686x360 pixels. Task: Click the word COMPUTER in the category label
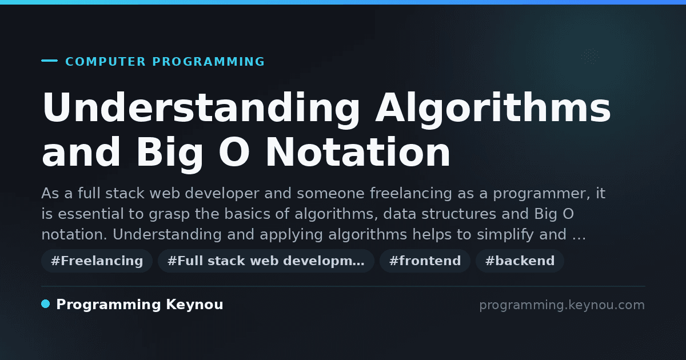[x=105, y=62]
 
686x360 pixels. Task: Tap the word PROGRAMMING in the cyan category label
[x=208, y=62]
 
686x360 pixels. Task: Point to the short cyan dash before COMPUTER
[x=49, y=61]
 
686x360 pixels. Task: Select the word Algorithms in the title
[x=493, y=108]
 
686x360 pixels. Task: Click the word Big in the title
[x=169, y=154]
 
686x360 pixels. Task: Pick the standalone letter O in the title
[x=234, y=152]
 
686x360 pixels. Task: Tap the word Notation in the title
[x=358, y=152]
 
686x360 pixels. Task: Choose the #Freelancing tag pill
[x=97, y=261]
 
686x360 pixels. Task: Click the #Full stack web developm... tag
[x=266, y=261]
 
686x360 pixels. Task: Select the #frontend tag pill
[x=425, y=261]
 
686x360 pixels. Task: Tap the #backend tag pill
[x=520, y=261]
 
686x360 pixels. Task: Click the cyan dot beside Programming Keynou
[x=45, y=304]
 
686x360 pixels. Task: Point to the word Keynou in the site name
[x=194, y=305]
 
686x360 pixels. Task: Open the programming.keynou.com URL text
[x=562, y=305]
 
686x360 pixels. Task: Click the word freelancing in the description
[x=411, y=194]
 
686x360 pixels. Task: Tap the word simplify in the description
[x=505, y=235]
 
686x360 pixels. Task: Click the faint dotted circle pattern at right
[x=590, y=57]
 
